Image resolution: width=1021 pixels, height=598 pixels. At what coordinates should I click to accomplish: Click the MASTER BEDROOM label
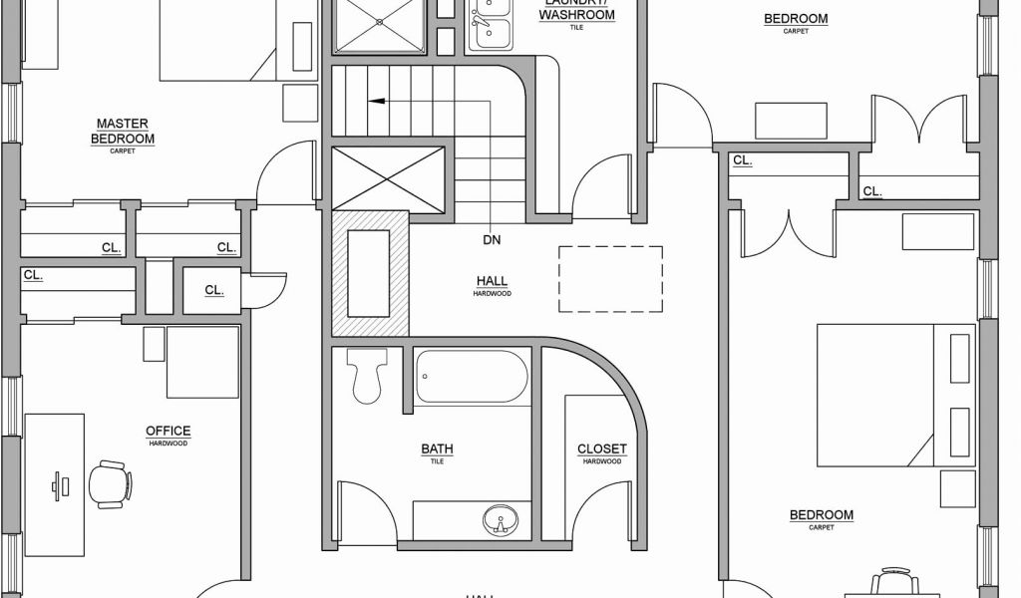[x=123, y=132]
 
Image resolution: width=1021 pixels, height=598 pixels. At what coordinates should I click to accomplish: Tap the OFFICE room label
[x=168, y=432]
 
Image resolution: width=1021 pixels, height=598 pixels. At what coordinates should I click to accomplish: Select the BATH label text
[x=437, y=449]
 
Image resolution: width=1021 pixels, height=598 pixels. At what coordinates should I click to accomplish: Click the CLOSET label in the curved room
[x=602, y=449]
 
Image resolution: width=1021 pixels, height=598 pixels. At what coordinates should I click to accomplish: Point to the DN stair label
[x=492, y=239]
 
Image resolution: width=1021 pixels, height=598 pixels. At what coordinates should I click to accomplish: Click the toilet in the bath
[x=367, y=376]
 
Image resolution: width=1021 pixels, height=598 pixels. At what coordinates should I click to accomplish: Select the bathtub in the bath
[x=472, y=377]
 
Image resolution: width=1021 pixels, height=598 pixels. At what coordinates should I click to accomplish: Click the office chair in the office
[x=110, y=483]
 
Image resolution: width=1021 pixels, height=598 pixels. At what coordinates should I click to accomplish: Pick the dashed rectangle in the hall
[x=610, y=278]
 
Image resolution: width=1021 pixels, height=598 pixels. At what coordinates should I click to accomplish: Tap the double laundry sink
[x=490, y=24]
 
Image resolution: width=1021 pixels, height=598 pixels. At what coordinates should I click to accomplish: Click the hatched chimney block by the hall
[x=370, y=273]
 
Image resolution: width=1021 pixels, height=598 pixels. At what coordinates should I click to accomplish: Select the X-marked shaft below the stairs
[x=388, y=178]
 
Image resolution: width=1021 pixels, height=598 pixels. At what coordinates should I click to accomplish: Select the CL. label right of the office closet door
[x=213, y=290]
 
